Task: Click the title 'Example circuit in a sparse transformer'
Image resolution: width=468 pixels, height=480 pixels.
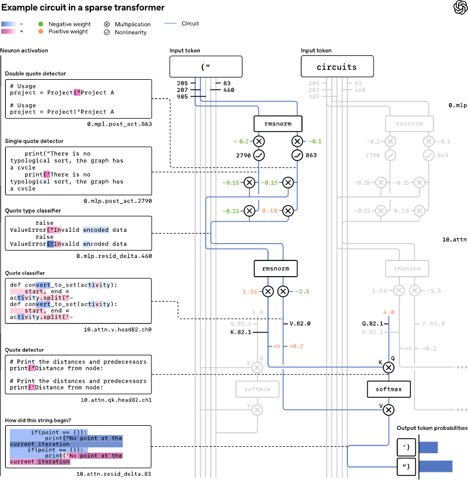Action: point(83,8)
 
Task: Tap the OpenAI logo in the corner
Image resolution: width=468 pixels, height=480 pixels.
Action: point(459,7)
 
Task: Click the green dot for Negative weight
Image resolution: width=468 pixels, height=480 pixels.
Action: point(40,24)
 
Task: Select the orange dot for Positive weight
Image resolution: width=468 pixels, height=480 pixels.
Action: point(40,31)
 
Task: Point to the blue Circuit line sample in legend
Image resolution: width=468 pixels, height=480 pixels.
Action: point(171,24)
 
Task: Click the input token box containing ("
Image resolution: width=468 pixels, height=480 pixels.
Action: point(205,67)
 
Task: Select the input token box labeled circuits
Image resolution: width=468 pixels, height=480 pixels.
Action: point(336,67)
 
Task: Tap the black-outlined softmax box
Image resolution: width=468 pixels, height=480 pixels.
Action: point(388,389)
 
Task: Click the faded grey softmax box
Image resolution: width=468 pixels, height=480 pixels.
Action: point(257,389)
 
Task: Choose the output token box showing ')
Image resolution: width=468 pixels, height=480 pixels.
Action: point(406,447)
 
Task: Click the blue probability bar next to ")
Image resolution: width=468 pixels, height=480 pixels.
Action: point(436,467)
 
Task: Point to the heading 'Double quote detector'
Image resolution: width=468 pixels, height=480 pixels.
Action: point(36,73)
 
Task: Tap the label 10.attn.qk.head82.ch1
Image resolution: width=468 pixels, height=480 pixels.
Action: point(116,400)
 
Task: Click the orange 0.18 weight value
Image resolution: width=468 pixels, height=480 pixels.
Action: point(271,210)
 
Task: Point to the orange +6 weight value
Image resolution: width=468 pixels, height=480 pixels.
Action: point(276,346)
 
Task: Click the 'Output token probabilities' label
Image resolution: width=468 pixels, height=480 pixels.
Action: point(432,428)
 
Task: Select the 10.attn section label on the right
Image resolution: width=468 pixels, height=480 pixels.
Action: point(455,239)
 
